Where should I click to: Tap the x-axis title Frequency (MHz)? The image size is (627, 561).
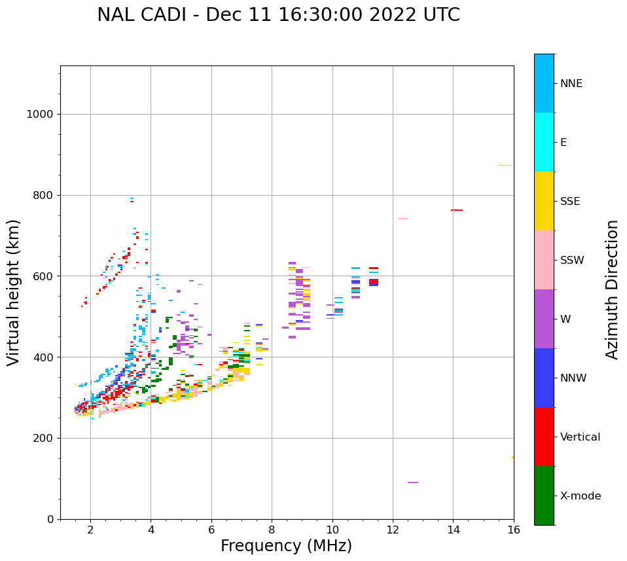click(286, 546)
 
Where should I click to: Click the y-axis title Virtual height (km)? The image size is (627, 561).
click(14, 292)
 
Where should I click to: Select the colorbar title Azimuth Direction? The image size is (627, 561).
click(612, 289)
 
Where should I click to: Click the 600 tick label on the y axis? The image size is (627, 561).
click(42, 276)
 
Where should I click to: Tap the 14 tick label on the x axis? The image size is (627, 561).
click(453, 529)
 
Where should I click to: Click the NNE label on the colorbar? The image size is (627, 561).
click(571, 84)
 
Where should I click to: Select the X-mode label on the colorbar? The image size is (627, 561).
click(580, 496)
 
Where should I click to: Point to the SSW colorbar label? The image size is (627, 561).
click(571, 261)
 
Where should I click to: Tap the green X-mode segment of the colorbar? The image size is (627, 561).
click(544, 496)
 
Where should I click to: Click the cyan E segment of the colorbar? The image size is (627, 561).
click(544, 142)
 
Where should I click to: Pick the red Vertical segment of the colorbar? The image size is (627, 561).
click(544, 437)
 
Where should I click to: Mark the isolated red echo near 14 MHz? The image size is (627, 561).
click(457, 210)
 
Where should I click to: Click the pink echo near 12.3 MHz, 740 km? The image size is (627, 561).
click(403, 219)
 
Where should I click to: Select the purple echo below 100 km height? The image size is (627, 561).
click(413, 482)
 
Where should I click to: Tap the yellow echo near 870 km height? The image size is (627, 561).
click(505, 166)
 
